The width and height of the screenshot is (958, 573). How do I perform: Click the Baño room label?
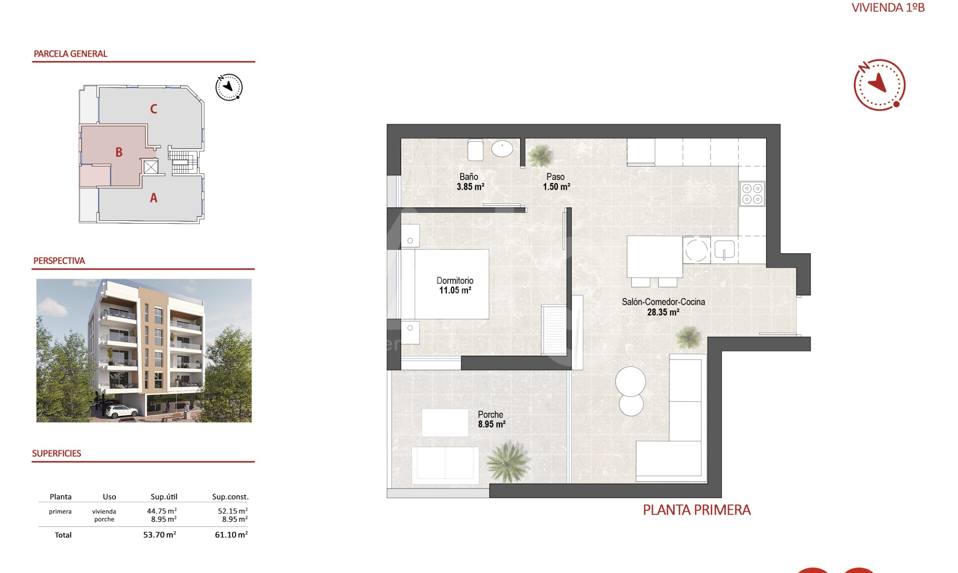pyautogui.click(x=468, y=177)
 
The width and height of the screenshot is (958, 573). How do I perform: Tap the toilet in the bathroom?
pyautogui.click(x=475, y=150)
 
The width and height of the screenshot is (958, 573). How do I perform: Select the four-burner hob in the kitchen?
pyautogui.click(x=752, y=194)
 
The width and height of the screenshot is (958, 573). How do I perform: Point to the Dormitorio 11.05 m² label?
pyautogui.click(x=455, y=285)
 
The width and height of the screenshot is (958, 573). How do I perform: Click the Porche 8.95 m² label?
pyautogui.click(x=492, y=419)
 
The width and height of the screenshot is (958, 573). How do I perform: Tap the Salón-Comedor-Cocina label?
pyautogui.click(x=663, y=302)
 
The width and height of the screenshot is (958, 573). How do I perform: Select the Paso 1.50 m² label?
pyautogui.click(x=556, y=182)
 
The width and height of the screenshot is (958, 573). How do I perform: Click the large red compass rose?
pyautogui.click(x=879, y=85)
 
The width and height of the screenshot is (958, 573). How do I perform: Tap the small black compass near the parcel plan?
pyautogui.click(x=229, y=87)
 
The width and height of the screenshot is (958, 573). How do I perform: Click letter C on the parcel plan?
pyautogui.click(x=154, y=109)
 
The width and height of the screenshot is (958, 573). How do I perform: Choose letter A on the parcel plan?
pyautogui.click(x=154, y=198)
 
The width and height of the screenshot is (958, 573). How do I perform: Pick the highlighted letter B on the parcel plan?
pyautogui.click(x=119, y=152)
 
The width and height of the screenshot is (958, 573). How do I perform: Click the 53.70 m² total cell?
pyautogui.click(x=160, y=535)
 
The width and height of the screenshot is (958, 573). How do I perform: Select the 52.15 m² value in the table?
pyautogui.click(x=233, y=511)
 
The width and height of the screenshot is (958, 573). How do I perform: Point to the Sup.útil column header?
pyautogui.click(x=164, y=497)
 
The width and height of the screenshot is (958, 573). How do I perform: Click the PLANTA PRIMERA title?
pyautogui.click(x=697, y=510)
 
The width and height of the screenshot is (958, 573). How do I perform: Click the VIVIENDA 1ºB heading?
pyautogui.click(x=888, y=8)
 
